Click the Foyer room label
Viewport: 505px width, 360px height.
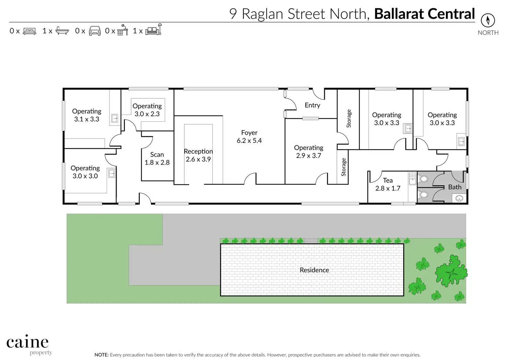pos(249,133)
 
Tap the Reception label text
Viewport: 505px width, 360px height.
pos(198,151)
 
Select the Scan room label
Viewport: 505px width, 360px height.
pos(157,155)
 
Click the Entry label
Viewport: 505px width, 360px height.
pos(312,105)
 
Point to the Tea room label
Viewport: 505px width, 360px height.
pos(388,180)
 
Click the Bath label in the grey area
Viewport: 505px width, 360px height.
pos(455,187)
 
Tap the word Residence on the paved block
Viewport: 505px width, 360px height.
pos(314,270)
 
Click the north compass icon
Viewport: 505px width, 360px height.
pos(488,20)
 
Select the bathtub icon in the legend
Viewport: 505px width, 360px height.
pos(62,31)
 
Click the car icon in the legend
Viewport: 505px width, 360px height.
pos(95,31)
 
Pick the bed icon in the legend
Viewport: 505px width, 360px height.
pos(30,31)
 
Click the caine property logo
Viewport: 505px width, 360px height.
pos(28,344)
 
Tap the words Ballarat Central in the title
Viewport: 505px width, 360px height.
pos(424,14)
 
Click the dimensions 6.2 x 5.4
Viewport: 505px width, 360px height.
pos(249,141)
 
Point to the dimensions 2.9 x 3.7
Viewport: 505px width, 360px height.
pos(308,156)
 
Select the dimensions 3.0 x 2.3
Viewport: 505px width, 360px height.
pos(147,114)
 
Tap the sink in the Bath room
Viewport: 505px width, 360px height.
pos(459,199)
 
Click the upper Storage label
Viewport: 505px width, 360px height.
pos(349,118)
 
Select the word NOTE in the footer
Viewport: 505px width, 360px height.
pos(102,355)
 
